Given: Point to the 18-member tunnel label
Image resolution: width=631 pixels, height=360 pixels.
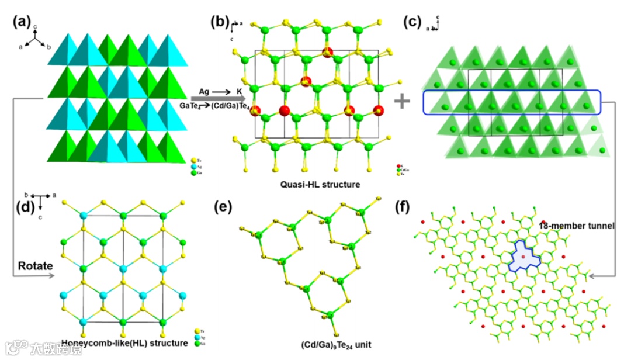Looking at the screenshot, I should tap(575, 226).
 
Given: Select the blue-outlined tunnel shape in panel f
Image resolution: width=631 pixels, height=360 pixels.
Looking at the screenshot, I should tap(525, 256).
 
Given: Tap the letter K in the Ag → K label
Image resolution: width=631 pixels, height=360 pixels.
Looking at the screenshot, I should tap(239, 91).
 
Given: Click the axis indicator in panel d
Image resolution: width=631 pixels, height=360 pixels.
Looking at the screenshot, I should tap(39, 200).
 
